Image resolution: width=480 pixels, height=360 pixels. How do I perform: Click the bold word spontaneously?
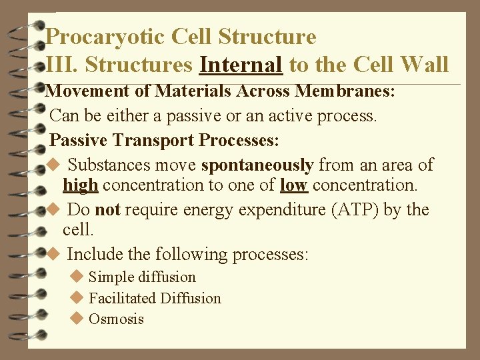coord(257,165)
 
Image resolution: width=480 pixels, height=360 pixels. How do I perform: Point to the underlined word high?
coord(80,185)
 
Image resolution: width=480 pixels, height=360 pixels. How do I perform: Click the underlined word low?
coord(294,185)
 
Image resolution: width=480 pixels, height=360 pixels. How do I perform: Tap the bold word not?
coord(107,210)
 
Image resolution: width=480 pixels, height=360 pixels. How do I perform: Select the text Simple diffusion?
coord(142,277)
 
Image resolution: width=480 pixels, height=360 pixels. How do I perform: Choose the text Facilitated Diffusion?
coord(155,298)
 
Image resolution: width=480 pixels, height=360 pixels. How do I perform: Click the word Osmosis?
coord(116,319)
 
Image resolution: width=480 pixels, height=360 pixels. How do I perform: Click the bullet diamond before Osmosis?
coord(76,319)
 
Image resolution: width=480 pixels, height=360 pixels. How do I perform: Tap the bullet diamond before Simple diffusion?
coord(76,277)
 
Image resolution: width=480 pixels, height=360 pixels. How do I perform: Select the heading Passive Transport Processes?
coord(165,141)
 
